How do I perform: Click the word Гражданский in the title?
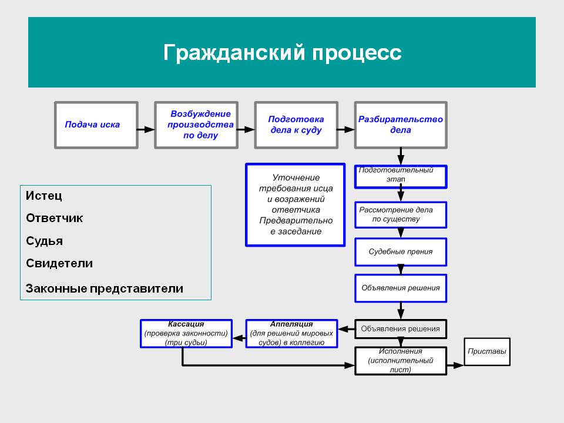coord(232,53)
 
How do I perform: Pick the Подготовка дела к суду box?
coord(297,125)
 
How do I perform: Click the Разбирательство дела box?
coord(400,125)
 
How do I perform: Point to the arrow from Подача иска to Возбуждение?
coord(146,128)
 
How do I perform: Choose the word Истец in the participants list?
coord(44,196)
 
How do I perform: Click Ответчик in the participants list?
coord(55,218)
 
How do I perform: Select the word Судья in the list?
coord(45,241)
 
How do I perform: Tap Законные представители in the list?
coord(105,288)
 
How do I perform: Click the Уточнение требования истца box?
coord(295,204)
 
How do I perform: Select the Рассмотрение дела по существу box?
coord(401,215)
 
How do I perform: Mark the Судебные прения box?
coord(401,251)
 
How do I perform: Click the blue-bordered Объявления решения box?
coord(401,288)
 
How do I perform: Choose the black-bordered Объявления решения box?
coord(401,329)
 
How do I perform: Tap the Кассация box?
coord(186,333)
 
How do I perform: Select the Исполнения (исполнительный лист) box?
coord(401,360)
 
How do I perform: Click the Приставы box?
coord(487,352)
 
